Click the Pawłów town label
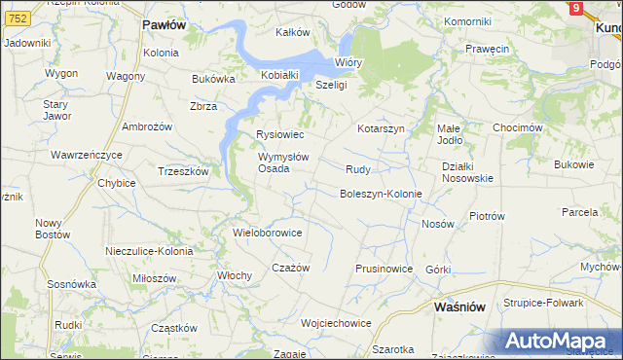(x=164, y=25)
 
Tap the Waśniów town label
(x=459, y=306)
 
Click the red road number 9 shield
(x=576, y=8)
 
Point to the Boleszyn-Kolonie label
(x=381, y=194)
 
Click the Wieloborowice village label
(x=268, y=234)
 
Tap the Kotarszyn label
(x=381, y=128)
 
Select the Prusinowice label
(x=385, y=269)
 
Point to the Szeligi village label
(x=331, y=85)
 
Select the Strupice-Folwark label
(x=543, y=303)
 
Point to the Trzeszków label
(x=184, y=171)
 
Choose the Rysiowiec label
(x=280, y=134)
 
